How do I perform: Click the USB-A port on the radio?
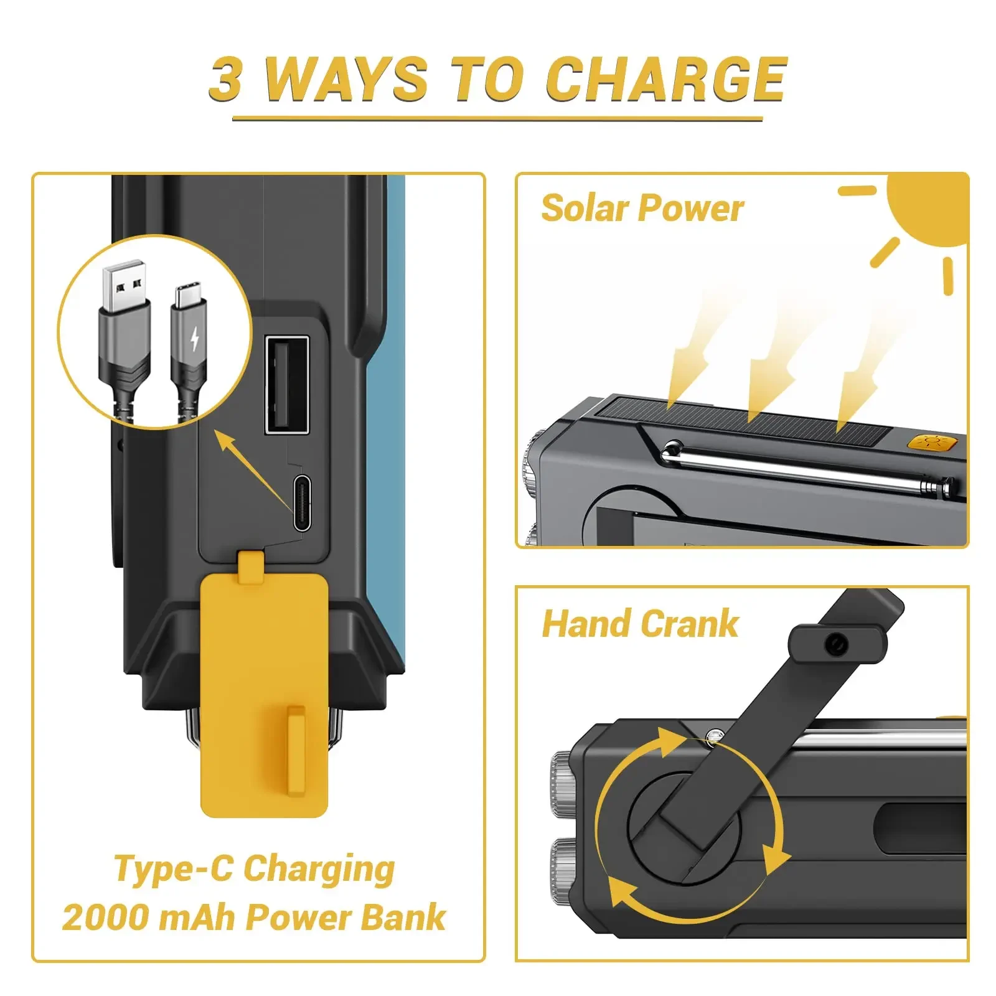[287, 385]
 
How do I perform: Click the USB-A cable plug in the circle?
[125, 336]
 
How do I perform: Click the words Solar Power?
[642, 208]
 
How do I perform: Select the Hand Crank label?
[640, 624]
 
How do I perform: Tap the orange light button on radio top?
[931, 443]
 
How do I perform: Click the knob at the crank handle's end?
[837, 644]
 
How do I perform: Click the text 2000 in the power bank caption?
[104, 918]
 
